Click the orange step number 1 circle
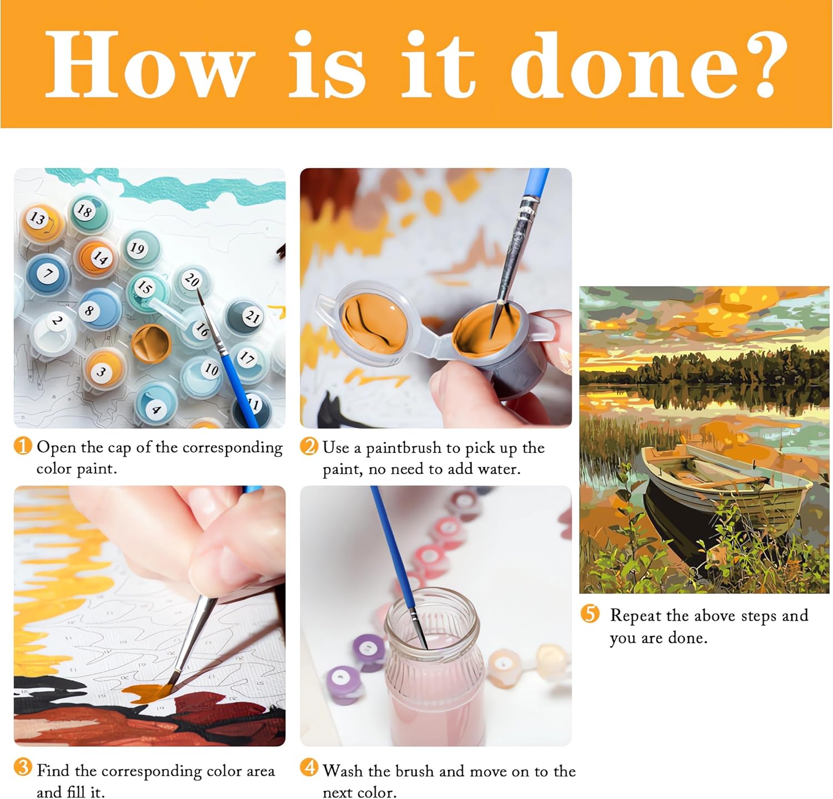click(23, 446)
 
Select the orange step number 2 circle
click(309, 446)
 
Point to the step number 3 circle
click(23, 767)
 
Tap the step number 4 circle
click(309, 768)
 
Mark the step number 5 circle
click(590, 614)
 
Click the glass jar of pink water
click(432, 666)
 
